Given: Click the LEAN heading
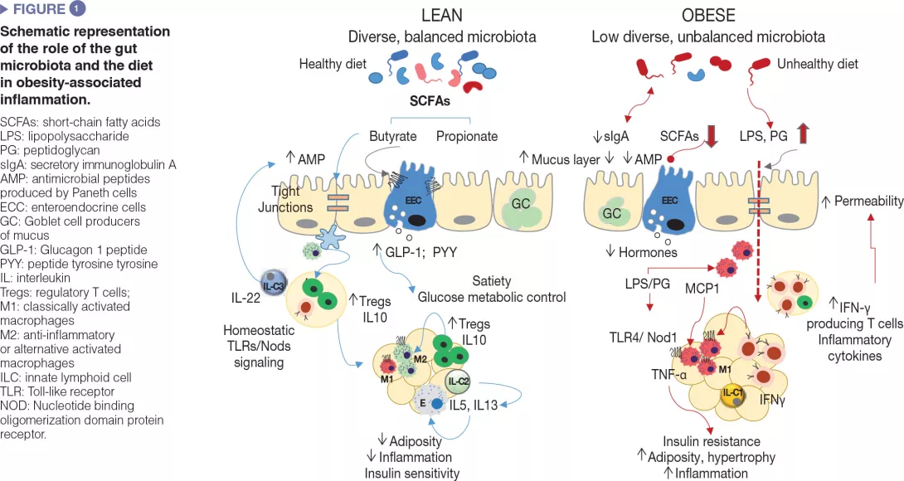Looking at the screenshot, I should [441, 16].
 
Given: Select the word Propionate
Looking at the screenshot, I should [467, 136].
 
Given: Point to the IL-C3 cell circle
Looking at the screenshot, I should [274, 286].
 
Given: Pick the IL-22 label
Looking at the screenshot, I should [246, 296].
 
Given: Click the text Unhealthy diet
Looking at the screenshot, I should [817, 64].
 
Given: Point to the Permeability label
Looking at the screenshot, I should [868, 202].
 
